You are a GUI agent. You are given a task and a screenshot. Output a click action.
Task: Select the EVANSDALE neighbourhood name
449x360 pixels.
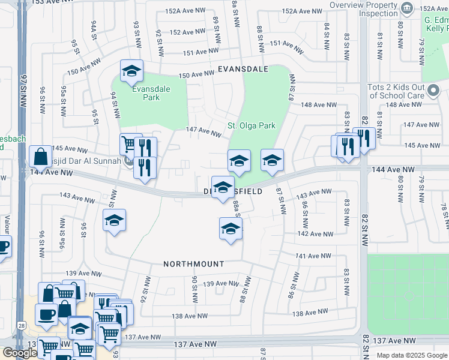[243, 70]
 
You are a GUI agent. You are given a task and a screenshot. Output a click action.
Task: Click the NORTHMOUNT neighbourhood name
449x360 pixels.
[194, 264]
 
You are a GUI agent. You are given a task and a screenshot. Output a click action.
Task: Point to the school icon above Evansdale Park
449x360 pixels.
[131, 71]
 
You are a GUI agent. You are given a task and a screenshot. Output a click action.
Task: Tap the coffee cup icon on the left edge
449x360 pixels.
[3, 245]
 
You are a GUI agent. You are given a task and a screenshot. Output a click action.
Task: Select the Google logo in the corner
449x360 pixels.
[19, 353]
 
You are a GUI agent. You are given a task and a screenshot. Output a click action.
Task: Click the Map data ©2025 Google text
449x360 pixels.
[412, 355]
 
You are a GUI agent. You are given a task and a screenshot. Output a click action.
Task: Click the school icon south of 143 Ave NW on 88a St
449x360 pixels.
[231, 229]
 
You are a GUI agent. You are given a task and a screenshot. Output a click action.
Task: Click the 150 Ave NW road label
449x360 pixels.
[196, 74]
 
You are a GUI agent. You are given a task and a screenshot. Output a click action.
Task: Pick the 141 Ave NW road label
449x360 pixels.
[314, 256]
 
